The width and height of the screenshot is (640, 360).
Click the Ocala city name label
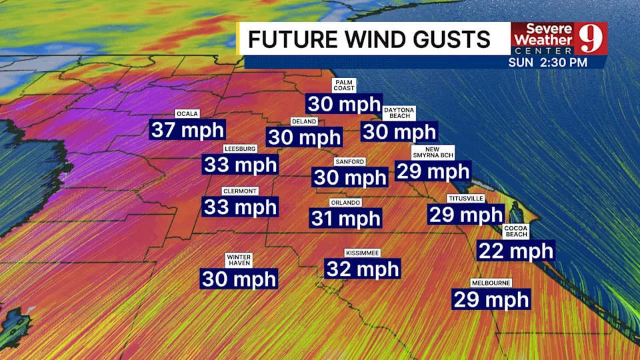pyautogui.click(x=188, y=114)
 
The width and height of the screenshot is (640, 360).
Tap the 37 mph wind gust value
pyautogui.click(x=187, y=129)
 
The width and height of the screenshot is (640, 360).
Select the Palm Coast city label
pyautogui.click(x=345, y=85)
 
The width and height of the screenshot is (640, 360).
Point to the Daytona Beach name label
pyautogui.click(x=399, y=113)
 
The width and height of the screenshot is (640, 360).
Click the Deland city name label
pyautogui.click(x=304, y=122)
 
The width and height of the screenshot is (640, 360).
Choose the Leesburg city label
pyautogui.click(x=240, y=149)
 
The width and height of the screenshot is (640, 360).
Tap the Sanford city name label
pyautogui.click(x=350, y=162)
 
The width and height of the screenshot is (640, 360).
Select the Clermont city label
pyautogui.click(x=240, y=191)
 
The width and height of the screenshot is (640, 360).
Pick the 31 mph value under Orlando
pyautogui.click(x=345, y=218)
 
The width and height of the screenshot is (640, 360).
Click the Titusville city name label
pyautogui.click(x=465, y=199)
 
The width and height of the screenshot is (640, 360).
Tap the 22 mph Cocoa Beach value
pyautogui.click(x=516, y=251)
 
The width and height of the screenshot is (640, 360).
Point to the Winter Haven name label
pyautogui.click(x=239, y=259)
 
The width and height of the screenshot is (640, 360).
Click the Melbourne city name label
pyautogui.click(x=491, y=283)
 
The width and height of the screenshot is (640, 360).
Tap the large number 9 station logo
pyautogui.click(x=592, y=39)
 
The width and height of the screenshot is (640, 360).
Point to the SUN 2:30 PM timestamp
pyautogui.click(x=548, y=62)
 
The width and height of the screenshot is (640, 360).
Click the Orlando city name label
pyautogui.click(x=345, y=203)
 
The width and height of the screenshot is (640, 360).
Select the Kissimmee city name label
pyautogui.click(x=363, y=253)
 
